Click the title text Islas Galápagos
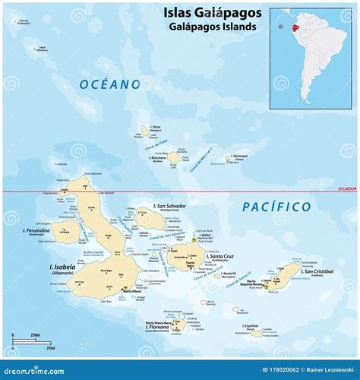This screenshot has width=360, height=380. pyautogui.click(x=211, y=12)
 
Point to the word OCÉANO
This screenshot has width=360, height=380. pyautogui.click(x=110, y=84)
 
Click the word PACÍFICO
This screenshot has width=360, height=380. pyautogui.click(x=276, y=206)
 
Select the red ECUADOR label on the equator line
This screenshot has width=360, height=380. pyautogui.click(x=345, y=188)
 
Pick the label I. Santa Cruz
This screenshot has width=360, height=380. pyautogui.click(x=222, y=258)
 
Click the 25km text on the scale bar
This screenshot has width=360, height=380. pyautogui.click(x=35, y=334)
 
